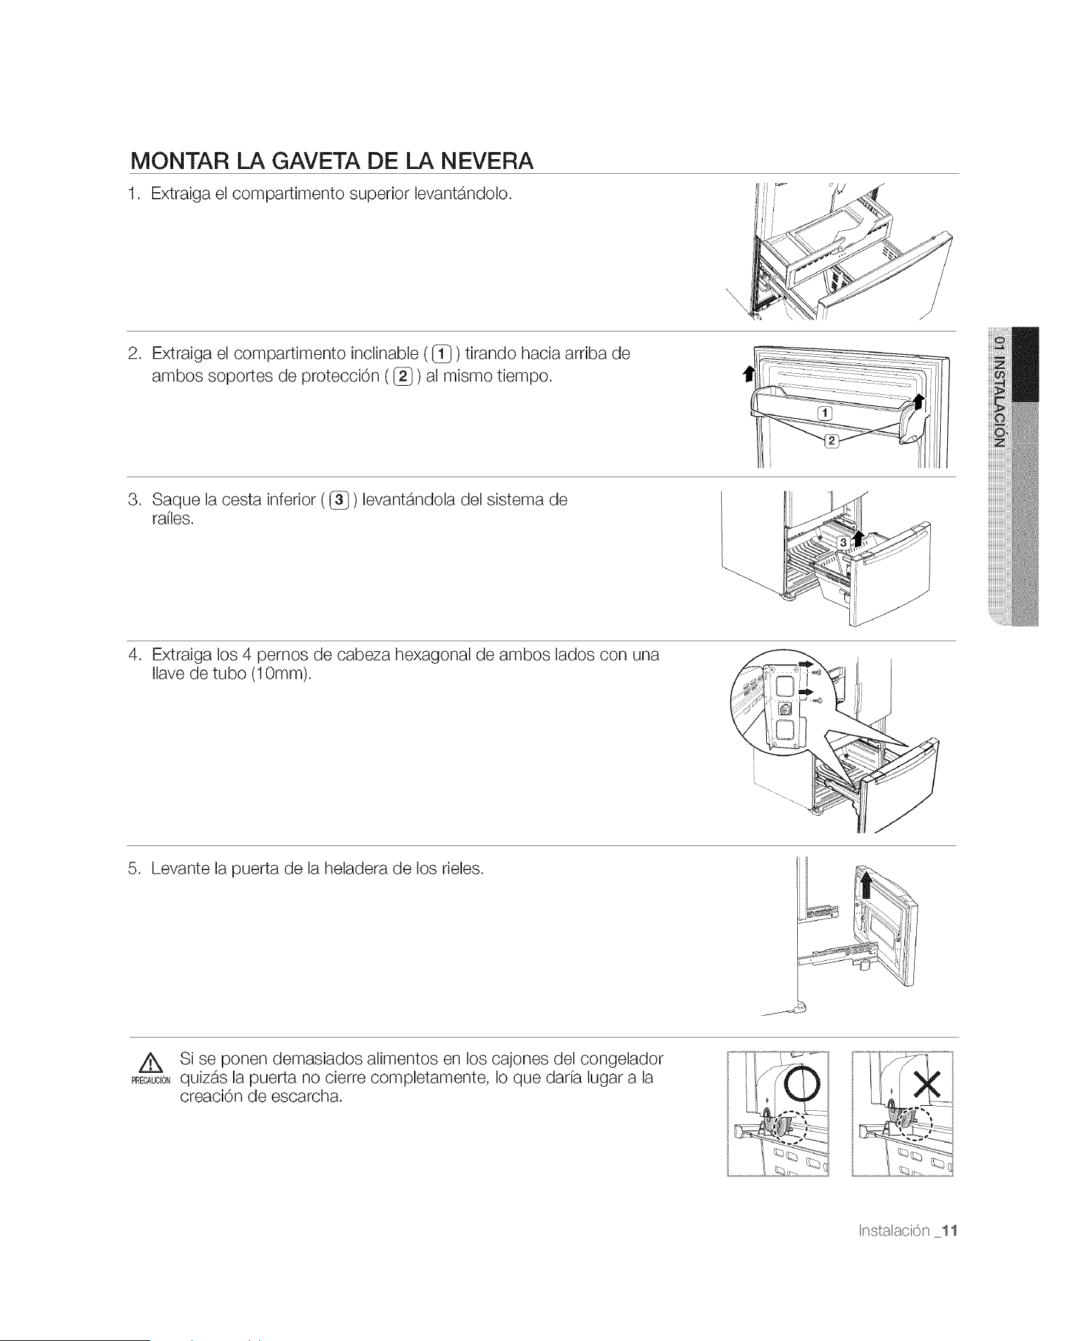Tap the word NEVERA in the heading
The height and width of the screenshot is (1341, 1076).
[487, 161]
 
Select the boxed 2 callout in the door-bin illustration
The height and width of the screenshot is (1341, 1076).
[831, 441]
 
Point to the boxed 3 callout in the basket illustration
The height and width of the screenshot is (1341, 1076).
[842, 542]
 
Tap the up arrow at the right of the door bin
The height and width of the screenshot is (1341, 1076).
[918, 403]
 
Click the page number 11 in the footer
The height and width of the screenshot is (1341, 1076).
[950, 1230]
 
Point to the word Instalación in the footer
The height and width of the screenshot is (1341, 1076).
[894, 1230]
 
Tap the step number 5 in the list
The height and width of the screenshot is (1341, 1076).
[133, 869]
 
